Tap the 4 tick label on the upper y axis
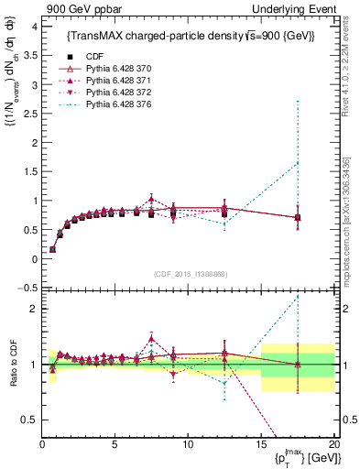pyautogui.click(x=33, y=27)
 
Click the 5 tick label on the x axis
pyautogui.click(x=115, y=444)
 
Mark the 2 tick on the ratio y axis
pyautogui.click(x=33, y=309)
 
